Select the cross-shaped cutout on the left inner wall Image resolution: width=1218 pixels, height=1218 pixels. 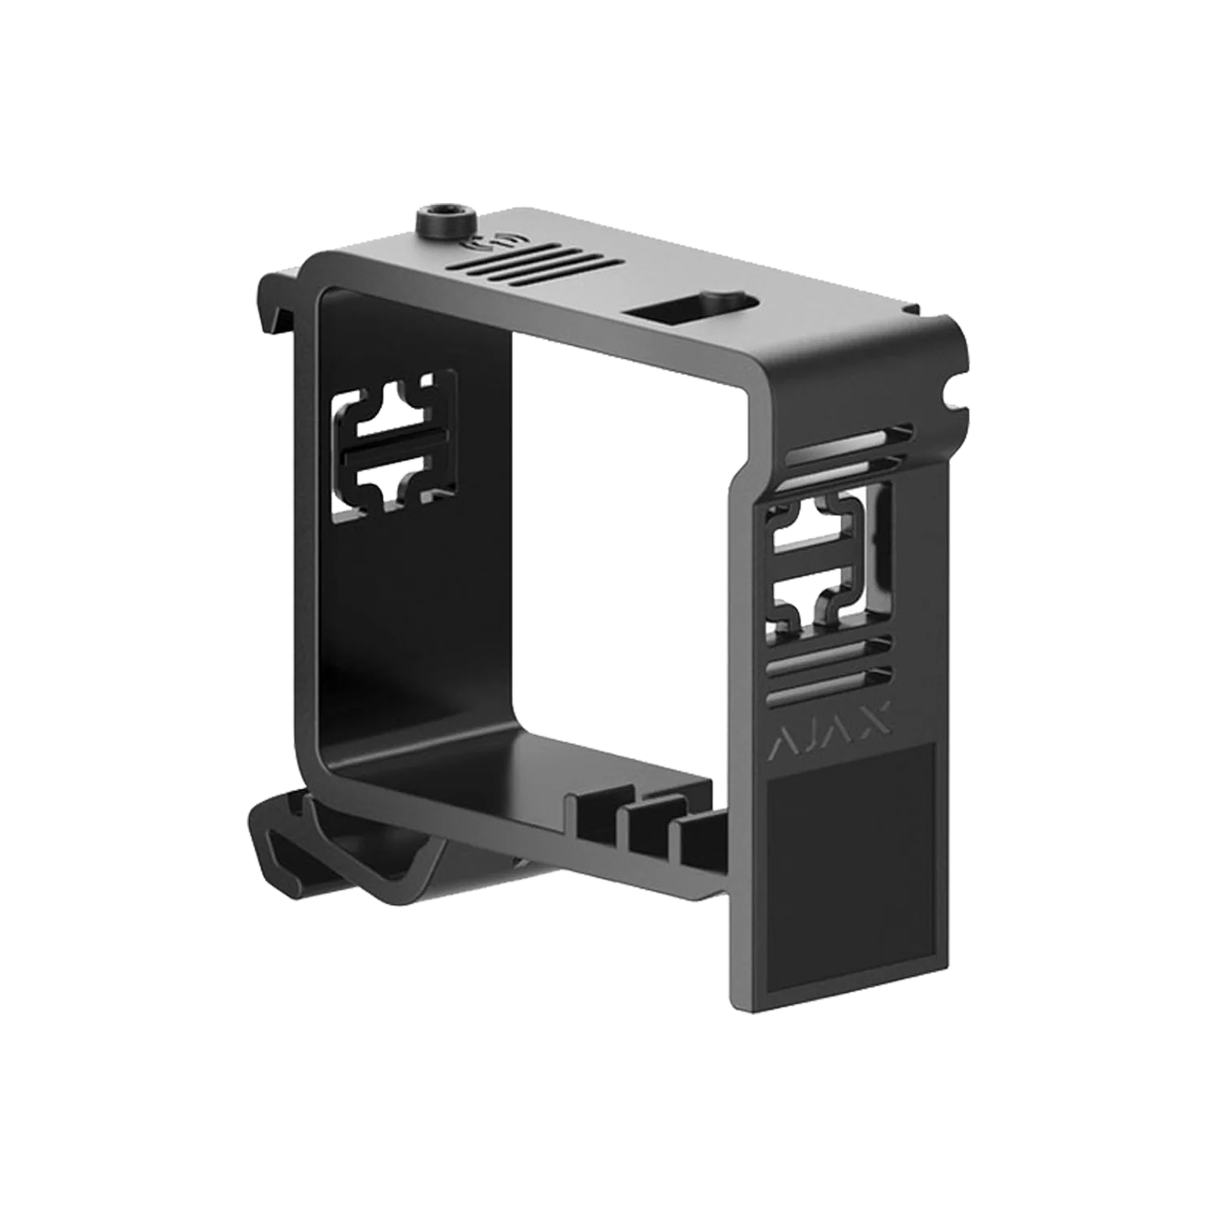coord(395,445)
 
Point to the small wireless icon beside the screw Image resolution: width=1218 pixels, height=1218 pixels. coord(480,240)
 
